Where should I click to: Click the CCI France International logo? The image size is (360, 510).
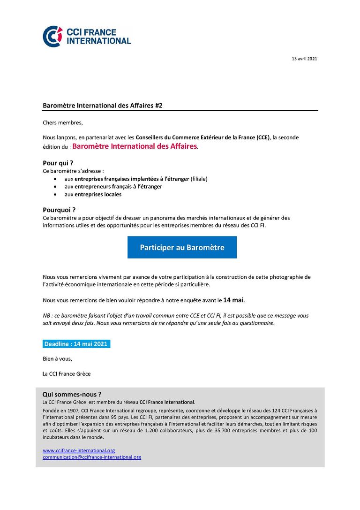coord(87,36)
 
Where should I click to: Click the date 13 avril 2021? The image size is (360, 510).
coord(304,59)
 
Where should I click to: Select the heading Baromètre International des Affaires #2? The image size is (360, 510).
coord(103,106)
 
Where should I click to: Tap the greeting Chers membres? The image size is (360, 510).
coord(62,123)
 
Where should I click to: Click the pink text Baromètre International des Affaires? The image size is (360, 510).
coord(135,146)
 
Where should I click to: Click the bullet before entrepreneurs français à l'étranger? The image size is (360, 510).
coord(56,187)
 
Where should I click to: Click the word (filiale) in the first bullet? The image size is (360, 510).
coord(199,179)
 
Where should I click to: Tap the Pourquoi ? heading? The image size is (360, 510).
coord(59,210)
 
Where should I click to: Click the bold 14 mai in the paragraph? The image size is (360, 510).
coord(233,299)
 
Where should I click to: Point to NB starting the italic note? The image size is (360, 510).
coord(46,316)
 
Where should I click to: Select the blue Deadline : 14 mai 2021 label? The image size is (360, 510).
coord(76,344)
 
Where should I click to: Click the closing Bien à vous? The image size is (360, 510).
coord(57,359)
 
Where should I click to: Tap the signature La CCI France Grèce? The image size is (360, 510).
coord(67,374)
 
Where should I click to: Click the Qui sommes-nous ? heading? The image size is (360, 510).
coord(72,394)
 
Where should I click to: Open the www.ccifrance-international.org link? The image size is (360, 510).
coord(79,450)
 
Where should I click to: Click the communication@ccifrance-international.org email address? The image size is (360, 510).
coord(92,457)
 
